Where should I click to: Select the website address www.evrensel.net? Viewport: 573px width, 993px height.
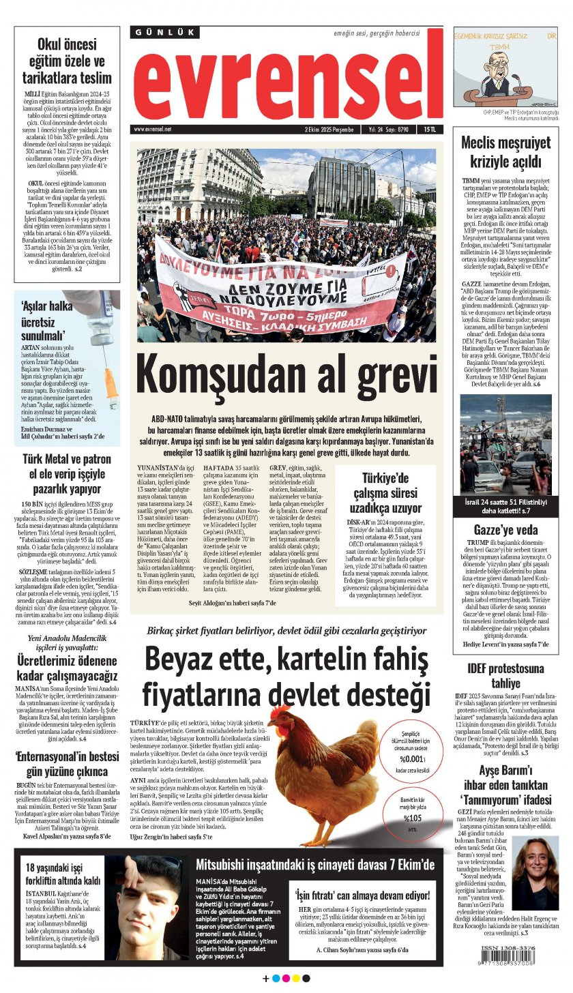tap(153, 129)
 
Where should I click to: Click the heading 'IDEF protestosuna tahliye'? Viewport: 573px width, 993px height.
tap(505, 675)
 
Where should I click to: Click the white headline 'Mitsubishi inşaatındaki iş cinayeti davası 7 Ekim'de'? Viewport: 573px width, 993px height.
tap(314, 865)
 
